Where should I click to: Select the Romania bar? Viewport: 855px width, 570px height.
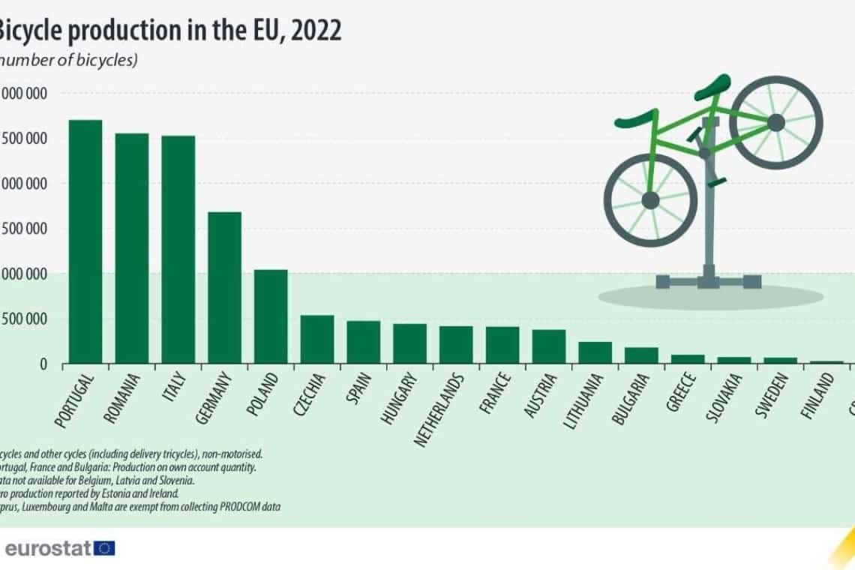pyautogui.click(x=131, y=248)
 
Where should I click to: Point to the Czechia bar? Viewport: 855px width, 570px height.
pyautogui.click(x=316, y=339)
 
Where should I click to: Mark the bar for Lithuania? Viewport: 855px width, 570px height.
pyautogui.click(x=595, y=352)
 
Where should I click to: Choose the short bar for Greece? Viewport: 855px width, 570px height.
pyautogui.click(x=687, y=359)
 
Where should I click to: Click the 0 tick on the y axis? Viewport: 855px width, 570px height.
pyautogui.click(x=43, y=364)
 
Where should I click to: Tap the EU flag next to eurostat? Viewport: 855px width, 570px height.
pyautogui.click(x=105, y=547)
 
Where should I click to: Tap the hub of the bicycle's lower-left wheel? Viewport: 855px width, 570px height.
pyautogui.click(x=650, y=200)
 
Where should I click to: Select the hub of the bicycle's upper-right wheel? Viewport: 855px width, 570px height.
pyautogui.click(x=775, y=121)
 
